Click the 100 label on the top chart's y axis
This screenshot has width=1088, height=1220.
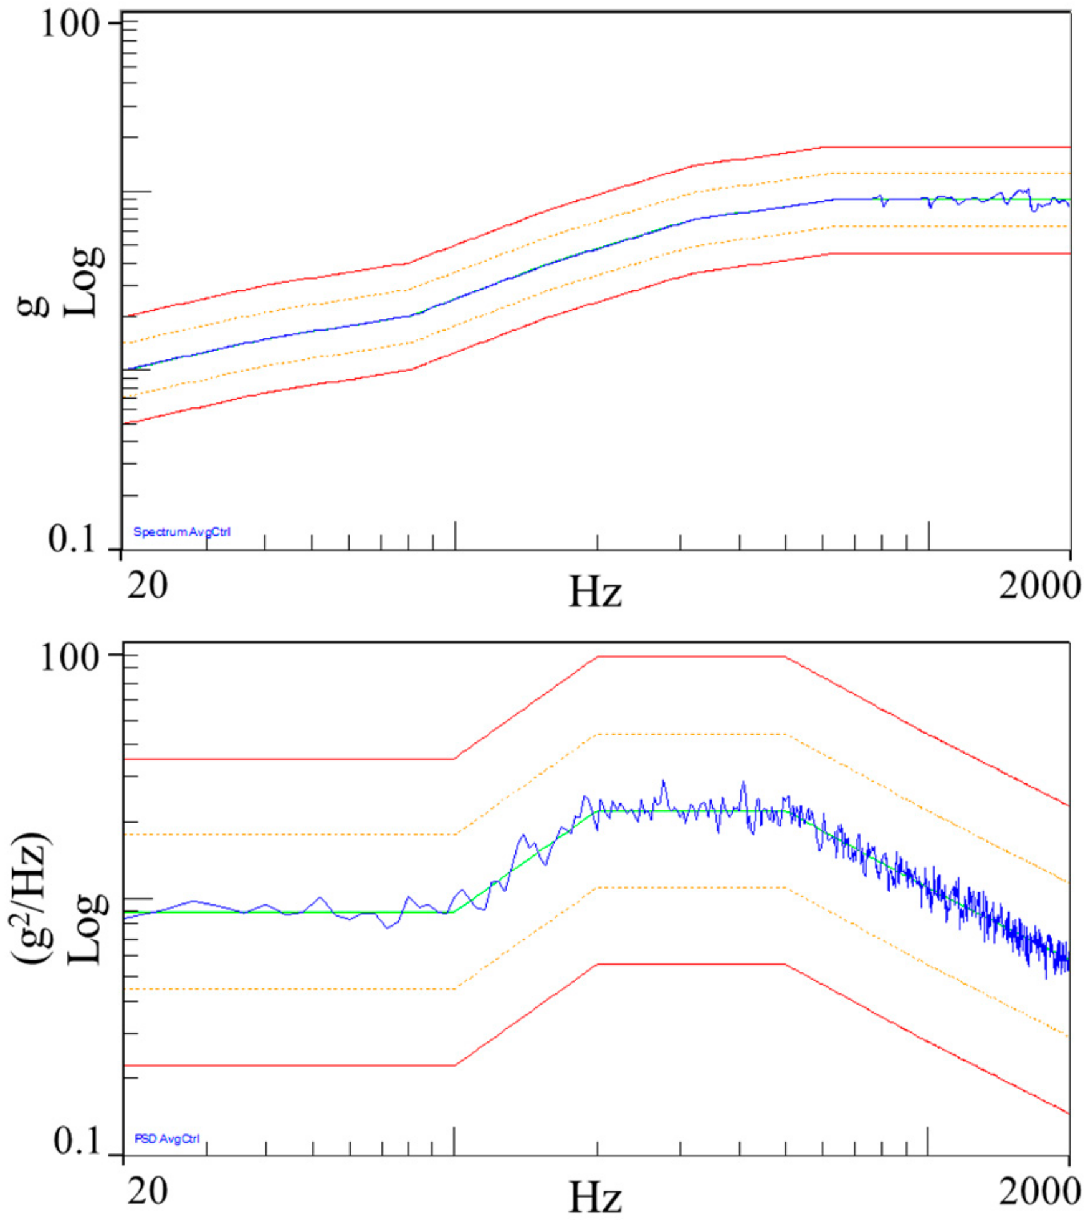70,26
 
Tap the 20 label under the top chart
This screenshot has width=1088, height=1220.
148,585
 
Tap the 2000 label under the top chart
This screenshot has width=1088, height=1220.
1039,585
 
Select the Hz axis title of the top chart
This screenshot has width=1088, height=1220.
595,592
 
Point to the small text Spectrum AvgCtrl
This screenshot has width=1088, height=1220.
182,532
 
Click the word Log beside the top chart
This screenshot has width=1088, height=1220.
85,281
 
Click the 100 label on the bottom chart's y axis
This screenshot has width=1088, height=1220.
70,658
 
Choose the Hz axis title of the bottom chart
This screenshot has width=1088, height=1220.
595,1196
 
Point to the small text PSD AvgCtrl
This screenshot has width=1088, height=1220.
167,1139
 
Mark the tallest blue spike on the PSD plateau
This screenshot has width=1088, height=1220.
663,782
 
